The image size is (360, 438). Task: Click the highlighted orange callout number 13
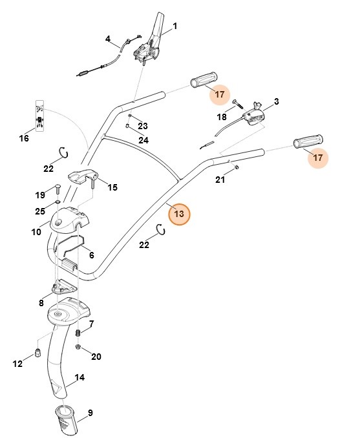pyautogui.click(x=179, y=213)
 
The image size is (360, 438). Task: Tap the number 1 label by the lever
pyautogui.click(x=174, y=26)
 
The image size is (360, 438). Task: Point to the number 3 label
pyautogui.click(x=276, y=102)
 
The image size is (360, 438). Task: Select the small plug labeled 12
pyautogui.click(x=39, y=352)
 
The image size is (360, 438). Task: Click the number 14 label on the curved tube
pyautogui.click(x=79, y=377)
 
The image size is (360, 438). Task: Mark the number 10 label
pyautogui.click(x=37, y=231)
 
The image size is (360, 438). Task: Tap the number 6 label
pyautogui.click(x=91, y=255)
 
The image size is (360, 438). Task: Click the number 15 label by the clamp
pyautogui.click(x=112, y=187)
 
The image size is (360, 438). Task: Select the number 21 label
pyautogui.click(x=220, y=180)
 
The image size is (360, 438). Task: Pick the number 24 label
pyautogui.click(x=143, y=140)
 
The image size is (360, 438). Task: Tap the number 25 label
pyautogui.click(x=40, y=211)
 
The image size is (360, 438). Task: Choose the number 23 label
pyautogui.click(x=143, y=126)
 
